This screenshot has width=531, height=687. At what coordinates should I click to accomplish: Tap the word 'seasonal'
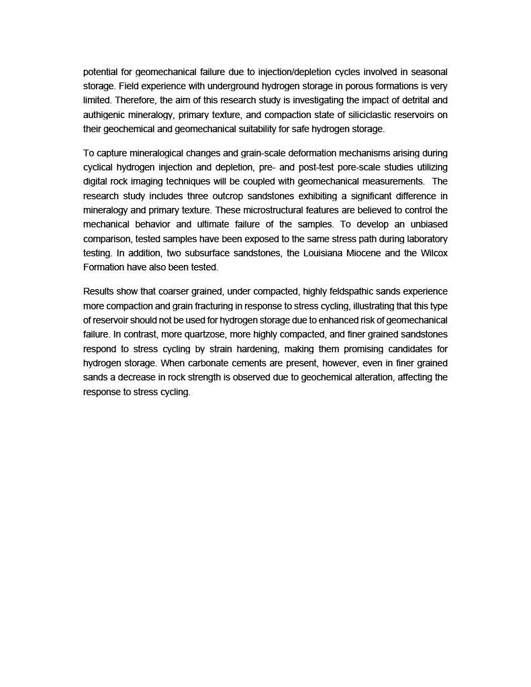429,72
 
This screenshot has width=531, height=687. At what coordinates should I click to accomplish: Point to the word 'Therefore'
132,101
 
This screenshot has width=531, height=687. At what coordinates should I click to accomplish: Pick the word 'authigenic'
107,115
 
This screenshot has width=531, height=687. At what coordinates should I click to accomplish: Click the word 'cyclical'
101,167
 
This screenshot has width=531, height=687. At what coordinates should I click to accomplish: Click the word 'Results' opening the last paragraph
99,291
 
